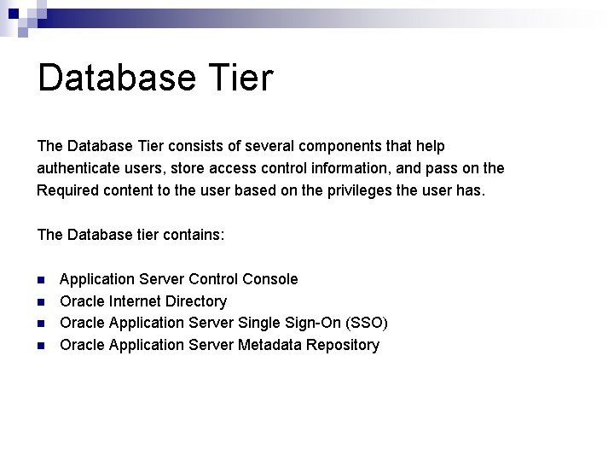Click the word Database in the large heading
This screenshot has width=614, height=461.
pyautogui.click(x=116, y=78)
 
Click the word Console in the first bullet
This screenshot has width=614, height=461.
pyautogui.click(x=270, y=279)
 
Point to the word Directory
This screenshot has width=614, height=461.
pyautogui.click(x=196, y=301)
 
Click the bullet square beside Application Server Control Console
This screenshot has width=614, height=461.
pyautogui.click(x=41, y=280)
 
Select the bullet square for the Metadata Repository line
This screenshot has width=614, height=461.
pyautogui.click(x=41, y=346)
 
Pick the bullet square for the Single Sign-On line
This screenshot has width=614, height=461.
pyautogui.click(x=41, y=324)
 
